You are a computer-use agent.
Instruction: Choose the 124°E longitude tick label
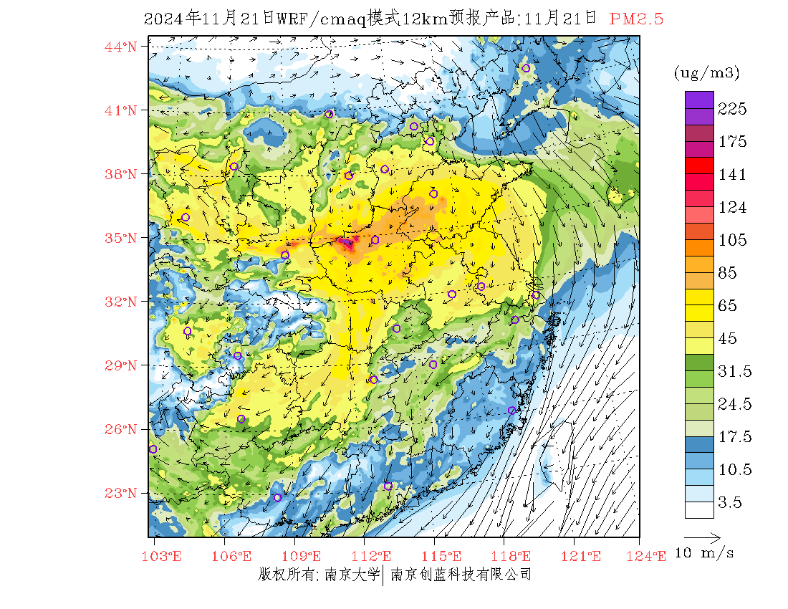(x=651, y=555)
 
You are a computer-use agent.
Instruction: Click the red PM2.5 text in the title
(x=636, y=19)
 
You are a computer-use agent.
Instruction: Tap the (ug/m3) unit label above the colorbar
(x=706, y=73)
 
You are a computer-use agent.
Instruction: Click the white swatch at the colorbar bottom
(x=698, y=509)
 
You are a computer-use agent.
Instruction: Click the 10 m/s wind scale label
(x=705, y=553)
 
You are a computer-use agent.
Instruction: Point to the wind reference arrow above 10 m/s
(x=702, y=536)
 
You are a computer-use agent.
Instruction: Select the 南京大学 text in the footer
(x=351, y=574)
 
